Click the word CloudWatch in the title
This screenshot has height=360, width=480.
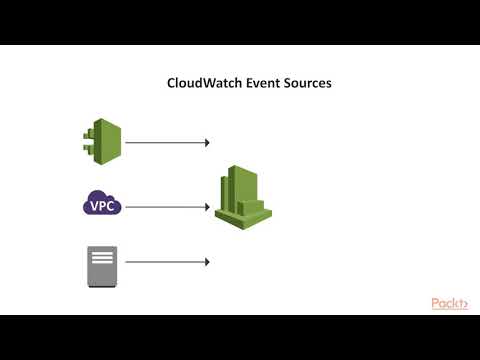pyautogui.click(x=203, y=83)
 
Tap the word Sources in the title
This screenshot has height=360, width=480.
pyautogui.click(x=306, y=83)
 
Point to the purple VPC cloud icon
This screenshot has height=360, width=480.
pyautogui.click(x=102, y=205)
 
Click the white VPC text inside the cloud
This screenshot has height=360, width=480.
pyautogui.click(x=102, y=206)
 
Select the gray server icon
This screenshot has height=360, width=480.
pyautogui.click(x=102, y=266)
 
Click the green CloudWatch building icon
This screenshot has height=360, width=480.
pyautogui.click(x=243, y=196)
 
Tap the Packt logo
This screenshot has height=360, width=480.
pyautogui.click(x=450, y=303)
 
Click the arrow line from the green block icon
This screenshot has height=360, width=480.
pyautogui.click(x=165, y=143)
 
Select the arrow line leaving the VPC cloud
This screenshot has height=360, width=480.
pyautogui.click(x=165, y=207)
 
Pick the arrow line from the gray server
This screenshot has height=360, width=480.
pyautogui.click(x=165, y=262)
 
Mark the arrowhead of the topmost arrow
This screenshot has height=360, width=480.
pyautogui.click(x=206, y=143)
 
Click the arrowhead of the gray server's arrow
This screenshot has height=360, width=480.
pyautogui.click(x=206, y=262)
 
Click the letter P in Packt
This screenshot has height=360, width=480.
pyautogui.click(x=436, y=303)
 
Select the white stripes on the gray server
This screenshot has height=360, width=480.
pyautogui.click(x=102, y=258)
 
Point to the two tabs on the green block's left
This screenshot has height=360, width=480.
pyautogui.click(x=86, y=142)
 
